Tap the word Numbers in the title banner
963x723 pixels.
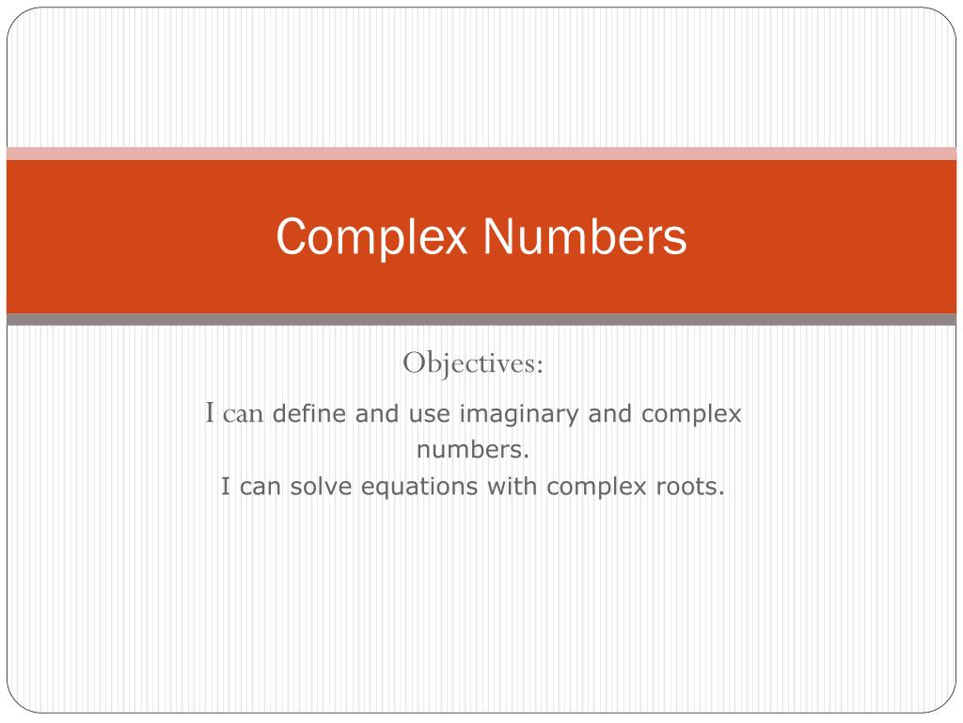tap(585, 237)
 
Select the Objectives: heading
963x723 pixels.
tap(474, 363)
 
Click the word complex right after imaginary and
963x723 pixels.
tap(690, 414)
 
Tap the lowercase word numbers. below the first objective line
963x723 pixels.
tap(474, 450)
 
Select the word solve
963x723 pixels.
tap(316, 487)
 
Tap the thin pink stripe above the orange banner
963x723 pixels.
tap(481, 153)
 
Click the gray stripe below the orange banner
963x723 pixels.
tap(481, 320)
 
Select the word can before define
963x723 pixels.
tap(245, 414)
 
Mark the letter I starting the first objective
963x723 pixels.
tap(212, 412)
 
